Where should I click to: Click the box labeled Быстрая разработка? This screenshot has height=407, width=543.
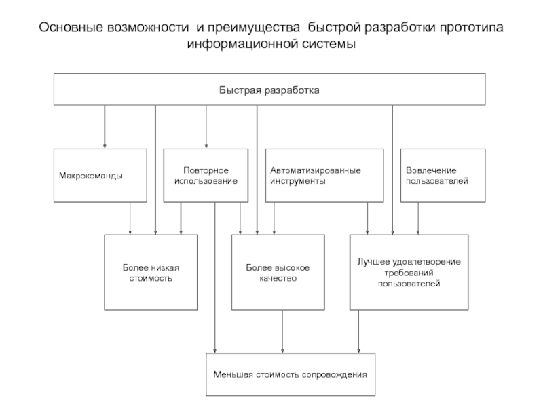[269, 90]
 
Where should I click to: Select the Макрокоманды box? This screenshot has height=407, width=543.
[100, 176]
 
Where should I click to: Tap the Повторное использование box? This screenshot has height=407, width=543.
[206, 176]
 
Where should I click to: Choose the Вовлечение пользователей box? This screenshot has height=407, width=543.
[443, 176]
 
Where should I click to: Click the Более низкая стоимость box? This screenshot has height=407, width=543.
[151, 272]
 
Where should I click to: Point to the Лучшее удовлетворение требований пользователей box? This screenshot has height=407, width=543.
[409, 272]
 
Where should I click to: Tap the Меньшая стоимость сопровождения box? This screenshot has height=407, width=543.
[290, 374]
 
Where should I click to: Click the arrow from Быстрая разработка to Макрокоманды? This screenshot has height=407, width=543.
[105, 127]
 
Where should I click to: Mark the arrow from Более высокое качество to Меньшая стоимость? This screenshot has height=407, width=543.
[283, 331]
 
